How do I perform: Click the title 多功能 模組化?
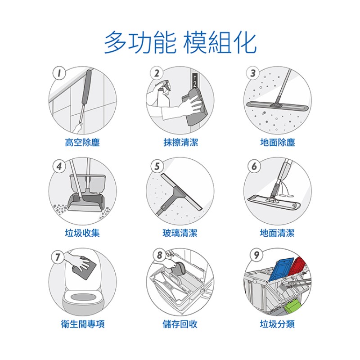[180, 43]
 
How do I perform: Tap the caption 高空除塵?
[82, 142]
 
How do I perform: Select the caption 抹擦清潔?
[181, 142]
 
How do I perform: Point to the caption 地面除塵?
[278, 142]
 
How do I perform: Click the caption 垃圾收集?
[82, 233]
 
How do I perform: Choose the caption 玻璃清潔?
[180, 233]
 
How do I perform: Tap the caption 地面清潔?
[277, 233]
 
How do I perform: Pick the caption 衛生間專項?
[83, 324]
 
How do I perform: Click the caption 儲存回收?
[180, 324]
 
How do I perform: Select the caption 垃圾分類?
[277, 324]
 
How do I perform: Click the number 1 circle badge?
[59, 73]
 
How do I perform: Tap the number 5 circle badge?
[157, 166]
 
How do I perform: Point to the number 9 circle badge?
[256, 255]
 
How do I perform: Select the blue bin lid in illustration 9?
[281, 269]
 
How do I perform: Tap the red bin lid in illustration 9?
[297, 266]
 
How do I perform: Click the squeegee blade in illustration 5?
[181, 192]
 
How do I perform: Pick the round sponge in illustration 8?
[179, 269]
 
